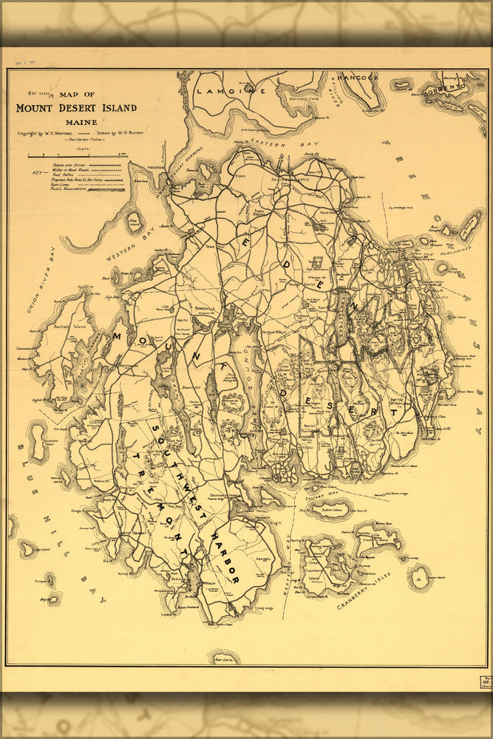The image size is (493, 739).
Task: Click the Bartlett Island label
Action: [x=68, y=326]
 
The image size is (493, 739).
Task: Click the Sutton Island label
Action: [x=331, y=508]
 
